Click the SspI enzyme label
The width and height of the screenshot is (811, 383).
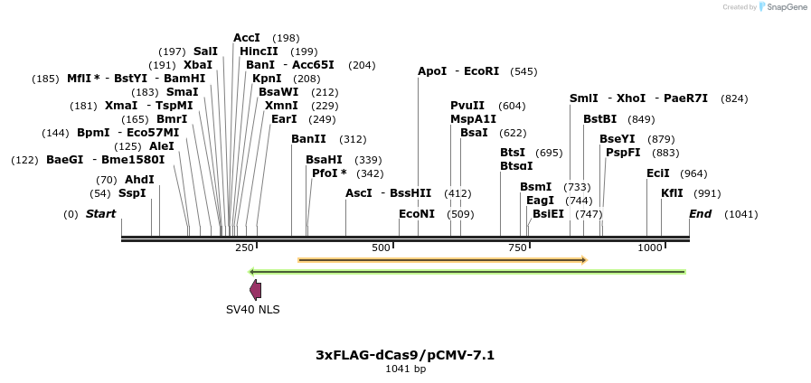(132, 193)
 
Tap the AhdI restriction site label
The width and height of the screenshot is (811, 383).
(139, 179)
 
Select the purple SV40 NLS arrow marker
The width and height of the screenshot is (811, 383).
(256, 289)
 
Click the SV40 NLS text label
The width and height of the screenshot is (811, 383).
(253, 310)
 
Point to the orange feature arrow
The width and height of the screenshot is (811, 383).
(443, 260)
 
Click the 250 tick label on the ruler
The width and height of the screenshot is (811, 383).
(244, 248)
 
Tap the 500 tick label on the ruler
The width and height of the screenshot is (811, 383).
(381, 248)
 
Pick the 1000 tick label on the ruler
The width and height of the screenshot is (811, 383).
(649, 248)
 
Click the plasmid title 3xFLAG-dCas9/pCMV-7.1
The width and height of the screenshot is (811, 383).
(405, 355)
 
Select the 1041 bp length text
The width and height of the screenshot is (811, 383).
(405, 369)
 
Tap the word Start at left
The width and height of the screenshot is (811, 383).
(100, 214)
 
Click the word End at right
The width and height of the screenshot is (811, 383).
(701, 214)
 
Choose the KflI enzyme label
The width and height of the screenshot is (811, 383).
(672, 193)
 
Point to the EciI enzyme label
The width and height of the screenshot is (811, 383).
(658, 173)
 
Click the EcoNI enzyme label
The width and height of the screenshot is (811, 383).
(417, 214)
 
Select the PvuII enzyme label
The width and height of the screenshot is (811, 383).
(467, 106)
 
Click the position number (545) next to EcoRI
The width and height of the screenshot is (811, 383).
(523, 71)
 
